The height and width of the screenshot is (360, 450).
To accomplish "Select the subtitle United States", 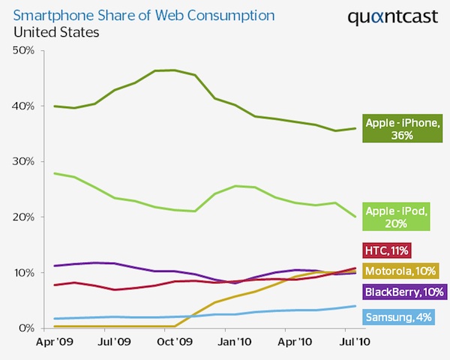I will pyautogui.click(x=55, y=33).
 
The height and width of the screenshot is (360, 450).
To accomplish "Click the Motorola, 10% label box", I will pyautogui.click(x=400, y=271).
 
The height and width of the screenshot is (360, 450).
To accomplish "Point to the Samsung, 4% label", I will pyautogui.click(x=397, y=317).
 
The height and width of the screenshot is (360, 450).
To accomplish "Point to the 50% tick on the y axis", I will pyautogui.click(x=23, y=50).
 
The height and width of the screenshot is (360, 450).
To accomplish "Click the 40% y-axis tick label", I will pyautogui.click(x=23, y=106).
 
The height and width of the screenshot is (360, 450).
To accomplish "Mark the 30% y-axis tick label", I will pyautogui.click(x=23, y=161).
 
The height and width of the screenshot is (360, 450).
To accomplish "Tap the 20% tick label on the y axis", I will pyautogui.click(x=23, y=217).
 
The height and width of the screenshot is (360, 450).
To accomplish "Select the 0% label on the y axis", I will pyautogui.click(x=26, y=328).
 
